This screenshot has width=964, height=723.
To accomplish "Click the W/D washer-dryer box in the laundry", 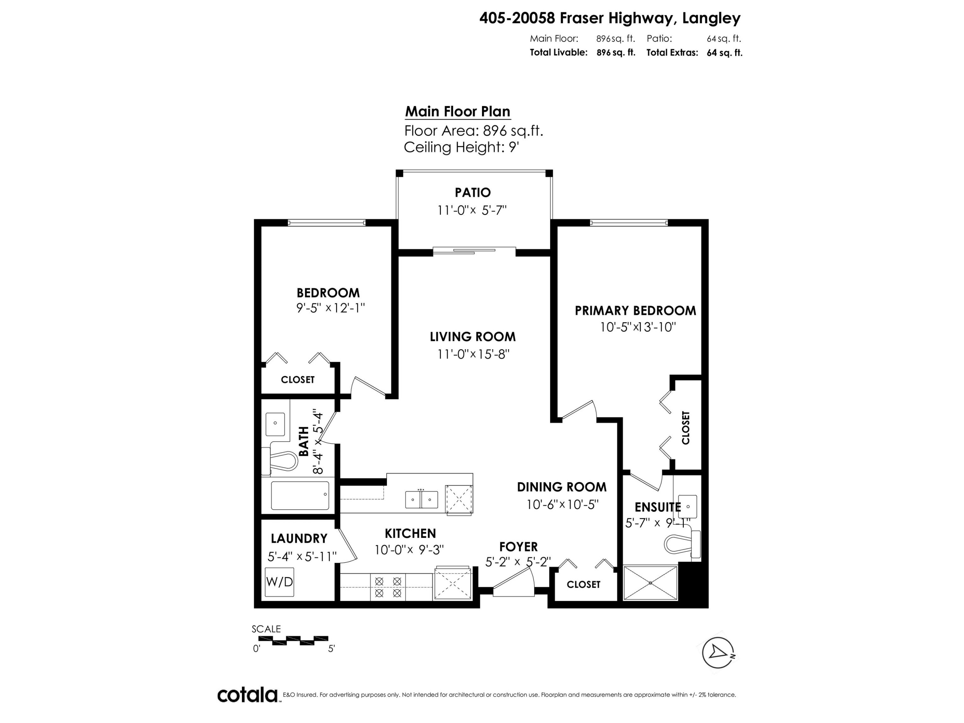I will click(x=279, y=582).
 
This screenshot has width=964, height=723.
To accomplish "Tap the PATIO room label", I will click(x=472, y=192).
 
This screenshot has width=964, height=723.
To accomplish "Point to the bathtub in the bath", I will click(x=300, y=495).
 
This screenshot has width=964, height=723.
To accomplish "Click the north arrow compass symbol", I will click(x=717, y=652).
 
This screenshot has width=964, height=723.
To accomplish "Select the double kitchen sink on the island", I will click(x=421, y=499).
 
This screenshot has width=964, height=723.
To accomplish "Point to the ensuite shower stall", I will click(x=650, y=583).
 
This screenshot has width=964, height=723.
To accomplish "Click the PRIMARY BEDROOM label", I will click(x=635, y=311).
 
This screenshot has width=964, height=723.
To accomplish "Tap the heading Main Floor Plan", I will click(x=458, y=112).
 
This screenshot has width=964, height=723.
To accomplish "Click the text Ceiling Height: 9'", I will click(x=461, y=147).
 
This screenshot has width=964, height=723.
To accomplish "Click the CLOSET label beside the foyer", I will click(x=583, y=585).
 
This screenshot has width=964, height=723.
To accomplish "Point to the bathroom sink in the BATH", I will click(x=275, y=423).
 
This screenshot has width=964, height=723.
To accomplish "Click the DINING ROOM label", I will click(x=561, y=487).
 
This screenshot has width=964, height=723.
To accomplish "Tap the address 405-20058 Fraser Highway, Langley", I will click(x=610, y=18).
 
